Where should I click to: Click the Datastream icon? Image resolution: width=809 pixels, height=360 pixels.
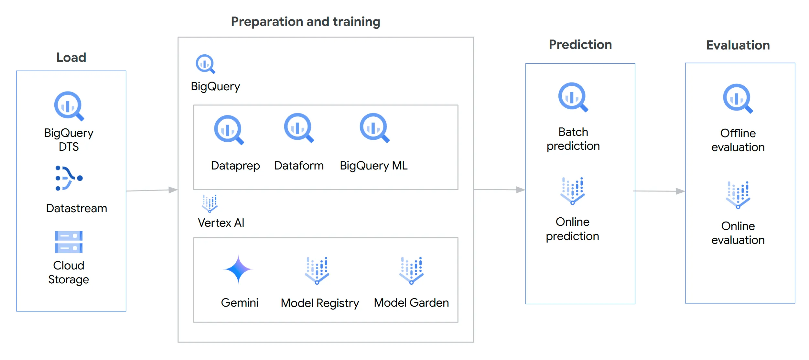69,178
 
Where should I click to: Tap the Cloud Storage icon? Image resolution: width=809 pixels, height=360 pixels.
69,242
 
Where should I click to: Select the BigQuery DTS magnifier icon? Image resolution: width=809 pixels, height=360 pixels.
69,106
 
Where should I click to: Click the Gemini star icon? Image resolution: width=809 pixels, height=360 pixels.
238,269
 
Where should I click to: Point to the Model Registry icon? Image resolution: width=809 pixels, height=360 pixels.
317,271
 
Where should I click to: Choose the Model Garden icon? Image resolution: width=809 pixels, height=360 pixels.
411,271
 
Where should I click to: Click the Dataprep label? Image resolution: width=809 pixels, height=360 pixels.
235,166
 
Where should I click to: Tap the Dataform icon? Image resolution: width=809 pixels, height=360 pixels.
298,127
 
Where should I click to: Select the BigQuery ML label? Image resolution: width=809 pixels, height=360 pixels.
373,166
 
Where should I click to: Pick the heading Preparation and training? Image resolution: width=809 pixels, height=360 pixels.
306,22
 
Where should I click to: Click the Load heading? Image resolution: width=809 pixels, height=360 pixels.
71,58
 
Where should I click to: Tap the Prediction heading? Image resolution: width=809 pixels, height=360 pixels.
580,45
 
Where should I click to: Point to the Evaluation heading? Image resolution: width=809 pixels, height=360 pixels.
738,45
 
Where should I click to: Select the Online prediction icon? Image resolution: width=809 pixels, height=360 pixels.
573,191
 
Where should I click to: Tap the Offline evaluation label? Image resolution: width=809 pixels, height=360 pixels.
738,140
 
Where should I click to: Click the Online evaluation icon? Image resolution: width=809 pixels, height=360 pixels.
738,195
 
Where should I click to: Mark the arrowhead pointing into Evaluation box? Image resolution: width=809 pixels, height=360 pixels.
681,191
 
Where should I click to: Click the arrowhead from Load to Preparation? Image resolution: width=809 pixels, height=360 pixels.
173,190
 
